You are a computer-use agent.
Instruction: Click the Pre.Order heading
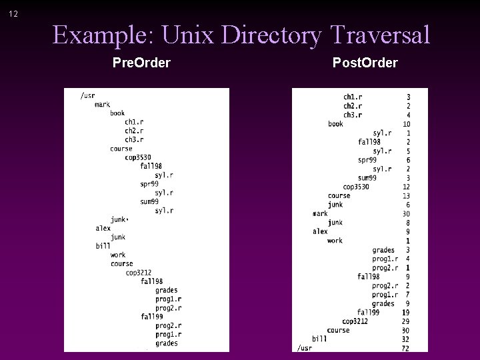(141, 63)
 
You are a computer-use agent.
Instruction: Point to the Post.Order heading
(365, 63)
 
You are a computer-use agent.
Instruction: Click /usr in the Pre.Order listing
(87, 95)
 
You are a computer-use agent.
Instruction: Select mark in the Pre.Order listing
(102, 105)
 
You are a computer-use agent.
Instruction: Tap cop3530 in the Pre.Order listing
(138, 157)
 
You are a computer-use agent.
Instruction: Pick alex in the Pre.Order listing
(103, 228)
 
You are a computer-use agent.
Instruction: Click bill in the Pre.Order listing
(102, 245)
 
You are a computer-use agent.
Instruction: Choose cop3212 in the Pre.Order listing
(139, 273)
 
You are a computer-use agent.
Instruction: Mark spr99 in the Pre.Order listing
(149, 183)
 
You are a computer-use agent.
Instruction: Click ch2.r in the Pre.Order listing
(133, 131)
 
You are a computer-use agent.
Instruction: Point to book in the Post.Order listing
(335, 124)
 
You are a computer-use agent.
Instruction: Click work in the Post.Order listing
(335, 241)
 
